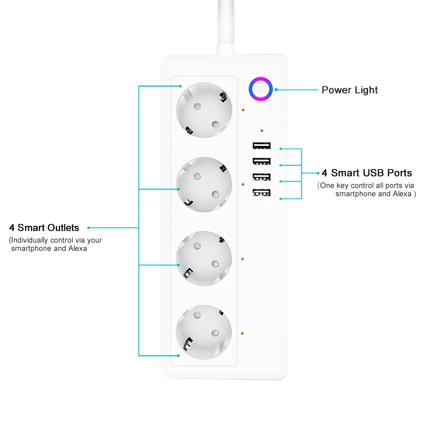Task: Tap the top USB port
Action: pos(262,145)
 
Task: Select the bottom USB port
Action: pos(262,192)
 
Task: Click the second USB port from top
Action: pos(262,161)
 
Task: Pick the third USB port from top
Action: pos(262,177)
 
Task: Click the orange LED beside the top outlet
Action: pos(243,110)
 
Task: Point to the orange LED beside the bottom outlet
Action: pos(242,333)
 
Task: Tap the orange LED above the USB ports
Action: pos(262,131)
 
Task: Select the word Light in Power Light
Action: pos(366,90)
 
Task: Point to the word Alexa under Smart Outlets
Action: pos(77,249)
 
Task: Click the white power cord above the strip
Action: pos(226,27)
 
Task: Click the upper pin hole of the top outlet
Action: pos(197,106)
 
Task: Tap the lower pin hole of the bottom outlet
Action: pos(215,333)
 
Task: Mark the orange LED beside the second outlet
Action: pos(243,184)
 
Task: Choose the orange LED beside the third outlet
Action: pos(243,259)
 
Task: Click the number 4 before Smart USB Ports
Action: pos(324,173)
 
